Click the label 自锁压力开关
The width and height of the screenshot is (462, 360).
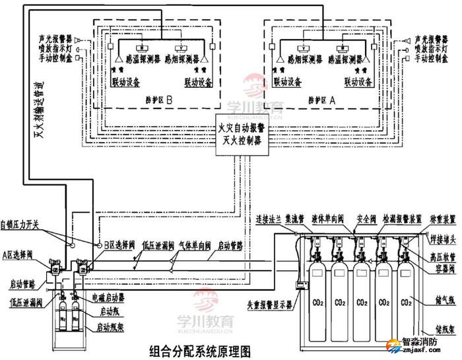point(20,225)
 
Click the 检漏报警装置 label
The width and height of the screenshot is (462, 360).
point(402,217)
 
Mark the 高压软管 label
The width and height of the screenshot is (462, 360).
point(440,255)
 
